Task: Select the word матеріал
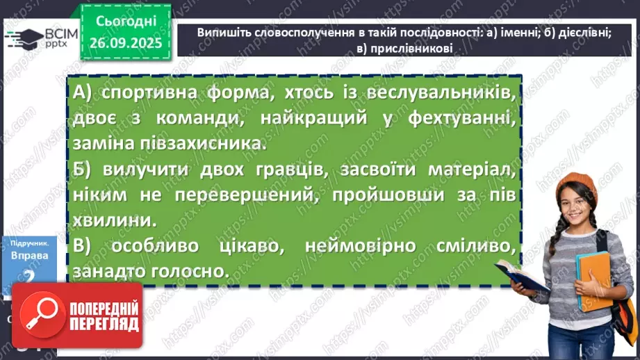pyautogui.click(x=468, y=170)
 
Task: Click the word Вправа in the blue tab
pyautogui.click(x=29, y=255)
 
